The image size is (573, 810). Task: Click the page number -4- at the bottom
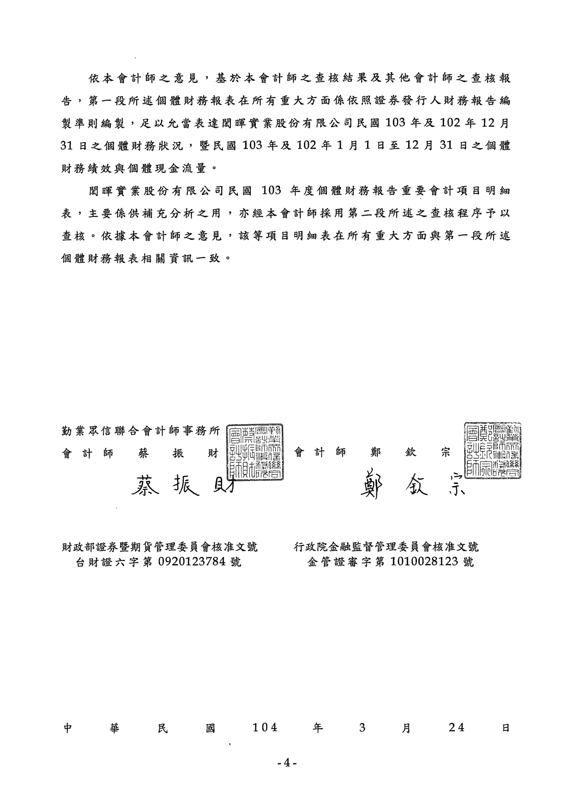286,763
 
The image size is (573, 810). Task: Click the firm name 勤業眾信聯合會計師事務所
141,431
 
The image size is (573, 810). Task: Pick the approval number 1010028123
424,562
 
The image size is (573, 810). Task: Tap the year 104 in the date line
265,728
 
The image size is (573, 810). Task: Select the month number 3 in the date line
362,728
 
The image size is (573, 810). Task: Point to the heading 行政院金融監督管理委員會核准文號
386,547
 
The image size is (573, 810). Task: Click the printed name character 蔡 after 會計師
143,453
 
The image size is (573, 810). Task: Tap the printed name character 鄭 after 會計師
375,453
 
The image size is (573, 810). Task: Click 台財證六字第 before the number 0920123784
114,562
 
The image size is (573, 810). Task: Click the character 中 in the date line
68,728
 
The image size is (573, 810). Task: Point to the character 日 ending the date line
506,728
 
